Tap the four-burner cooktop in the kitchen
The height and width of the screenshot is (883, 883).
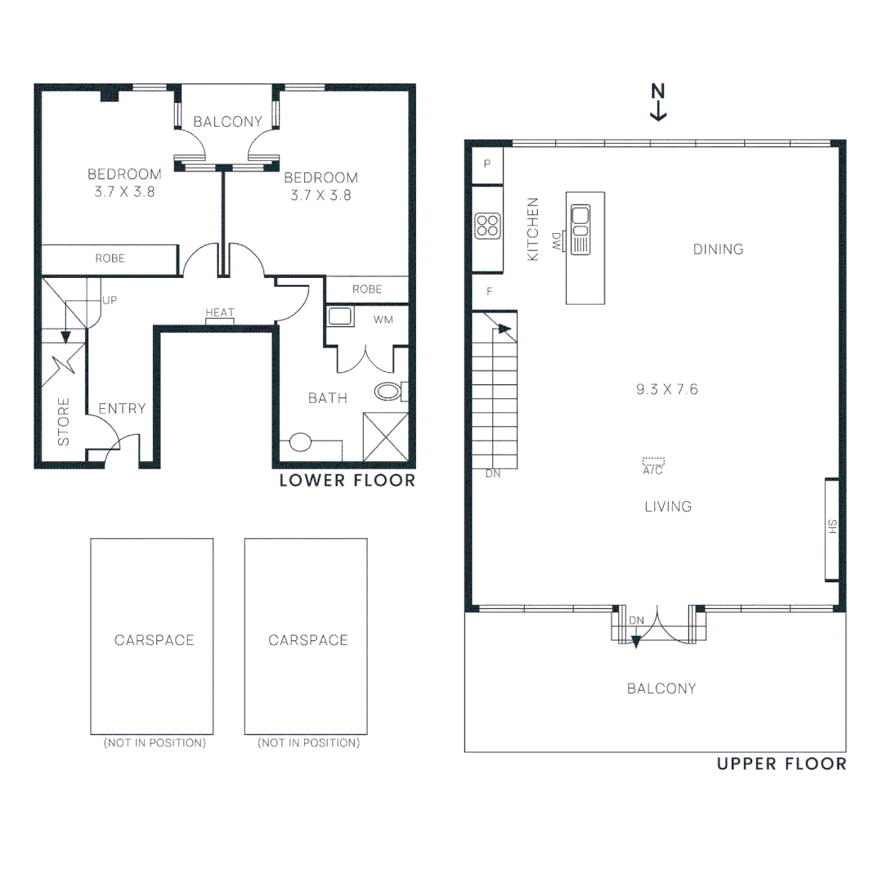coord(488,225)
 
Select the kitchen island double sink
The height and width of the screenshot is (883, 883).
coord(581,216)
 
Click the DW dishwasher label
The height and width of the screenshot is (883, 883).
coord(557,240)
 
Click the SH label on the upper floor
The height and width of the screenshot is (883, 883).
coord(832,527)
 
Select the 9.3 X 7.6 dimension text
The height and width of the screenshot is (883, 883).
coord(667,390)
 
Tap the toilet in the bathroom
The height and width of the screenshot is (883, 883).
coord(390,391)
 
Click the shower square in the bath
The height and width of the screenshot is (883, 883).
coord(385,437)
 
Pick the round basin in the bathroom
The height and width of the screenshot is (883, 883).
coord(300,442)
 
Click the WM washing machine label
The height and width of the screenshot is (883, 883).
coord(383,320)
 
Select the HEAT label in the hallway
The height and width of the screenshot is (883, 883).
coord(220,313)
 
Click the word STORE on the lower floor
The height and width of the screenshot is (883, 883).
coord(64,422)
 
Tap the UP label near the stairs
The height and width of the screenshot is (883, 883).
coord(110,300)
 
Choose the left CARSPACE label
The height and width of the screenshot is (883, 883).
coord(154,640)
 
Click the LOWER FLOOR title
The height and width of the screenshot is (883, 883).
coord(347,481)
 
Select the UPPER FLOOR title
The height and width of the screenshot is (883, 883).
coord(782,764)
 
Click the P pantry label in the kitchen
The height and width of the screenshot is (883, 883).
coord(487,164)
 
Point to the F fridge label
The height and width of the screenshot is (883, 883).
coord(489,290)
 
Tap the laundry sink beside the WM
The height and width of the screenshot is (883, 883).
coord(339,316)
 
